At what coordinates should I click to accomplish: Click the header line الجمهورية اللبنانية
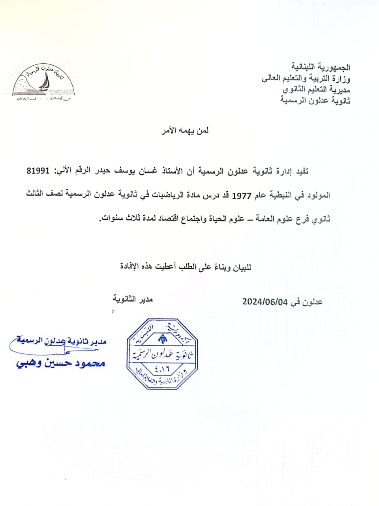pyautogui.click(x=321, y=68)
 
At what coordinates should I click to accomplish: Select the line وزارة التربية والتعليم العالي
pyautogui.click(x=306, y=78)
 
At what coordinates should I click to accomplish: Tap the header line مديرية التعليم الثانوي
pyautogui.click(x=316, y=89)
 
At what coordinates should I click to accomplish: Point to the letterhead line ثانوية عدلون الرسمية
pyautogui.click(x=315, y=100)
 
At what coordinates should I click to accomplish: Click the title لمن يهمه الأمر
pyautogui.click(x=185, y=131)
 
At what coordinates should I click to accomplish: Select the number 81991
pyautogui.click(x=38, y=171)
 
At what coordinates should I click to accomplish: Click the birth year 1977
pyautogui.click(x=239, y=195)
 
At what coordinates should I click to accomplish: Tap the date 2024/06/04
pyautogui.click(x=265, y=302)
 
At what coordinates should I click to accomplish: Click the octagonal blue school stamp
pyautogui.click(x=162, y=354)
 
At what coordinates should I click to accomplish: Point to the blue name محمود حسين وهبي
pyautogui.click(x=61, y=363)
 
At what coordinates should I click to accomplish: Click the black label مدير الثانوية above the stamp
pyautogui.click(x=133, y=299)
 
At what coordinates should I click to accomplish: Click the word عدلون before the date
pyautogui.click(x=311, y=302)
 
